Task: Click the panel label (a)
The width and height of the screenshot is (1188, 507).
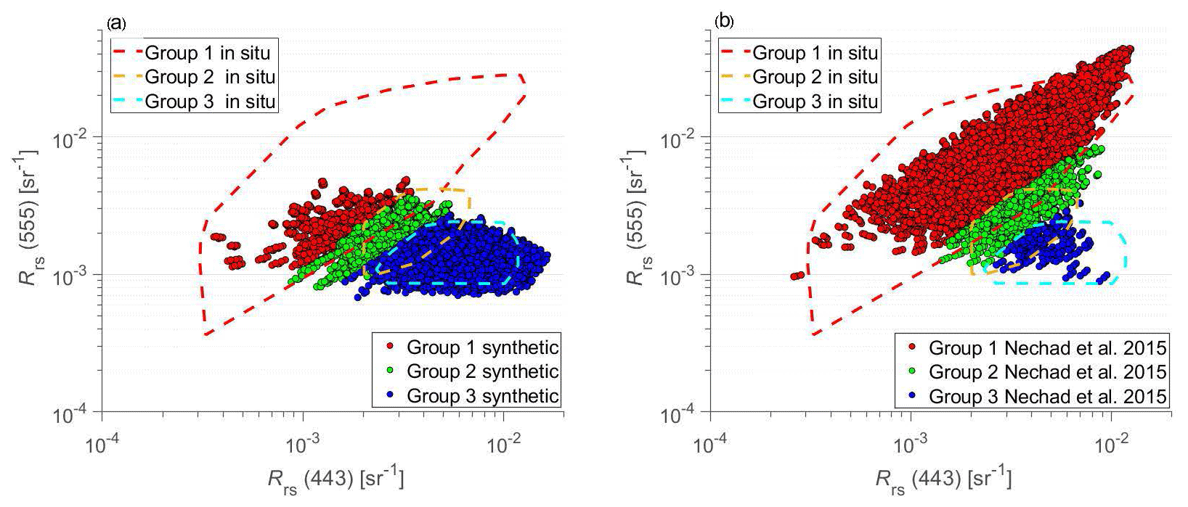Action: [116, 22]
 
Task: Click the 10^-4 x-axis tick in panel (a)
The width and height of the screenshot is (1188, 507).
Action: [102, 444]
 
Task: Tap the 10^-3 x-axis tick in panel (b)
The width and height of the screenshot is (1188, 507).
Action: [911, 444]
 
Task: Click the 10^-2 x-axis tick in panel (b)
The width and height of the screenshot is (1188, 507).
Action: [1112, 444]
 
